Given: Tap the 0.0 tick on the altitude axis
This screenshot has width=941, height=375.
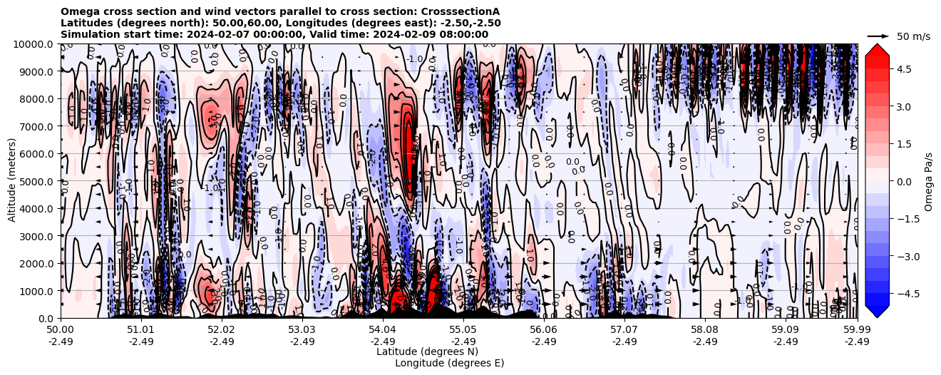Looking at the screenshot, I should [47, 319].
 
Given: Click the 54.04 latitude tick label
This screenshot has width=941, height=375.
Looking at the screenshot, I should [383, 330].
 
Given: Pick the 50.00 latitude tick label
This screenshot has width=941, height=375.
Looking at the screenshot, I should [61, 330].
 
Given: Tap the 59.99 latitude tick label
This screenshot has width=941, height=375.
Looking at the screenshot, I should [857, 330].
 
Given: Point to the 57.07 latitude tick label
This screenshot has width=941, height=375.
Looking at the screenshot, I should [624, 330].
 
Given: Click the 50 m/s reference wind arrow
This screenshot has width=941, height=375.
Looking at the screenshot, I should [878, 36].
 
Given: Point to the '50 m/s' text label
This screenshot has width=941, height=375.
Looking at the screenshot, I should [913, 36].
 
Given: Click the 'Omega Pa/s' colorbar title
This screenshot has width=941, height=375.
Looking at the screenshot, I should [928, 181].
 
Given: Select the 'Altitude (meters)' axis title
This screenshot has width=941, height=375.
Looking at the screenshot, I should [12, 181].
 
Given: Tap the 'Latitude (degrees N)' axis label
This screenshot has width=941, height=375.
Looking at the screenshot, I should [427, 351].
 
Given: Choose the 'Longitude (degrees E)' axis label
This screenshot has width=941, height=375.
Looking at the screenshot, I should [450, 363].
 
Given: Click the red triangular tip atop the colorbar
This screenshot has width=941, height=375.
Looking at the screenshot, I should [877, 49].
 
